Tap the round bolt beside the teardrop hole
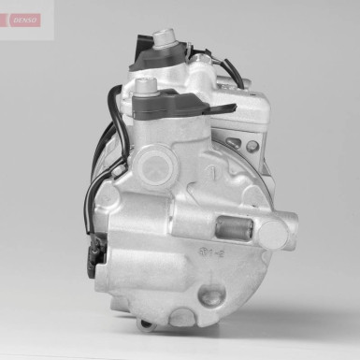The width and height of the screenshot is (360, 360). pyautogui.click(x=252, y=147)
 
